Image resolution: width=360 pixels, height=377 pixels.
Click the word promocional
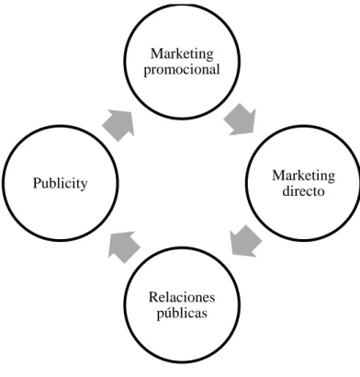182,70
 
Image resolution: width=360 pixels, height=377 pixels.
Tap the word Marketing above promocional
182,54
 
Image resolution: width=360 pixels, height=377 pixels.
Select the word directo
303,191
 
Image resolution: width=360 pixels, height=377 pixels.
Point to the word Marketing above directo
303,177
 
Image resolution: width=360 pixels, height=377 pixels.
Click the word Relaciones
182,297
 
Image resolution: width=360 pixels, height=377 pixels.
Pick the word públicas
182,314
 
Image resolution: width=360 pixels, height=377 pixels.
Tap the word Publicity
60,184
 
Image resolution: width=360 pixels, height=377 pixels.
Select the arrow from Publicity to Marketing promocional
118,125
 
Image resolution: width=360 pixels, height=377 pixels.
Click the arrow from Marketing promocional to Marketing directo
241,120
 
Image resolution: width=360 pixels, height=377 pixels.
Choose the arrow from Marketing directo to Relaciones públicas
246,241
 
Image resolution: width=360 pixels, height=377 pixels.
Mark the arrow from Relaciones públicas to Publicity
124,246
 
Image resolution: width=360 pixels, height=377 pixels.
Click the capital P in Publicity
37,183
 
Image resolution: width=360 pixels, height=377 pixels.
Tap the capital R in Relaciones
153,297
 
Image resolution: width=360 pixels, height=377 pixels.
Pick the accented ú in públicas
168,313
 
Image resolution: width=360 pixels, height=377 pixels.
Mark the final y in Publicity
84,187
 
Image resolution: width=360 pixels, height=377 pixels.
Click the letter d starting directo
286,191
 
